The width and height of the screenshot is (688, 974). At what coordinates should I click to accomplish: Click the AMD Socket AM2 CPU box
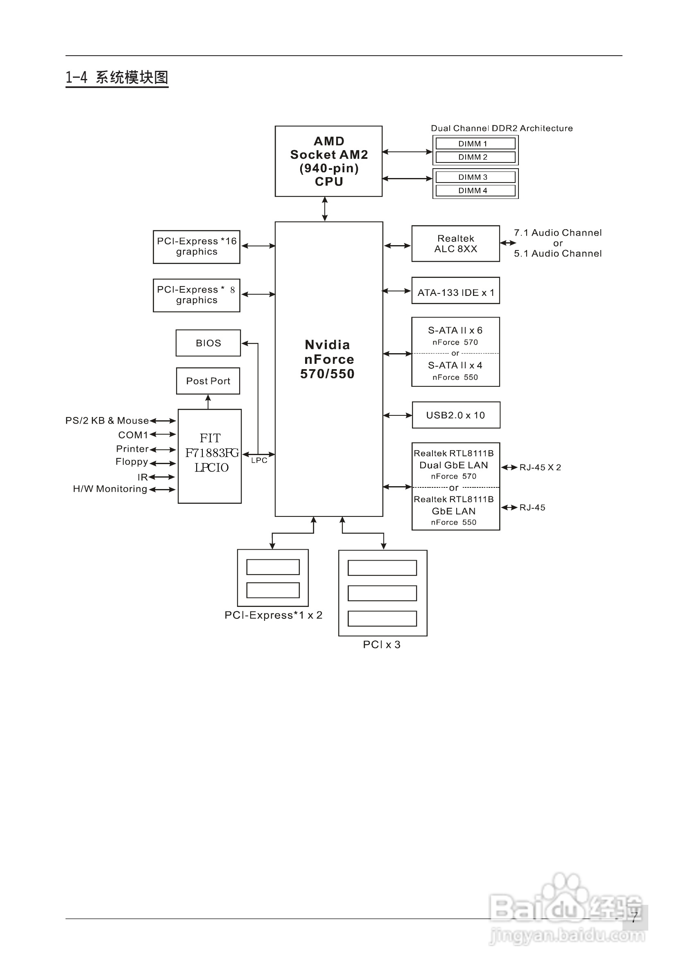[x=328, y=161]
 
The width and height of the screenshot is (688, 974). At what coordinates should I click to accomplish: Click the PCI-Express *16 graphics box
[x=197, y=246]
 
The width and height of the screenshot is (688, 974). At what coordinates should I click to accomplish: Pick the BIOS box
[x=208, y=343]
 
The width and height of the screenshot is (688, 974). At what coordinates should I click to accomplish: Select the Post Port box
[x=208, y=381]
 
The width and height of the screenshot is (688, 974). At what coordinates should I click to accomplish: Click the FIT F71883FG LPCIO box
[x=210, y=456]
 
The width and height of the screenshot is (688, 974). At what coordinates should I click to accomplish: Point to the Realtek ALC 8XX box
[x=455, y=243]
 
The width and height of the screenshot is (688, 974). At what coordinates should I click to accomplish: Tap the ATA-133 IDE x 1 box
[x=455, y=292]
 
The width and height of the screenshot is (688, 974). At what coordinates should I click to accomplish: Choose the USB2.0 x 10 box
[x=455, y=415]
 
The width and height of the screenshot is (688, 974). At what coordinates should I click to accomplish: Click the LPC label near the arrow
[x=259, y=461]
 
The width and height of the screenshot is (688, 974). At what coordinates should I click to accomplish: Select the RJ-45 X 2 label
[x=540, y=467]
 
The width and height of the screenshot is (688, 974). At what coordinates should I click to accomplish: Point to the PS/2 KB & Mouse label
[x=107, y=420]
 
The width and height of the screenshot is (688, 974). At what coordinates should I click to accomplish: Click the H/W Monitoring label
[x=110, y=489]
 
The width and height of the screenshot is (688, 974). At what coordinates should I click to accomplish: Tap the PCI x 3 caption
[x=382, y=645]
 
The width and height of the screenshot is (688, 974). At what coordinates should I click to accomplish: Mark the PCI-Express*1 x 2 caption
[x=273, y=615]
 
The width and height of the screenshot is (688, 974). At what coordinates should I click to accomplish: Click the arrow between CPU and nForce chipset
[x=325, y=209]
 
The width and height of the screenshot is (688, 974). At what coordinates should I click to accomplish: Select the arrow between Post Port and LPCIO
[x=208, y=401]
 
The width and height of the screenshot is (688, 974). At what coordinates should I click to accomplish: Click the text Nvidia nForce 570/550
[x=327, y=359]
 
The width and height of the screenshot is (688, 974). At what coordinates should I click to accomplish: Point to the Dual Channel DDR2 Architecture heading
[x=502, y=128]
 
